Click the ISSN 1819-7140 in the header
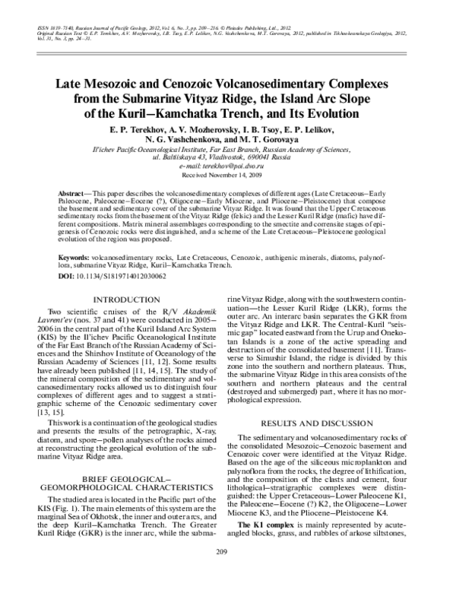coord(55,27)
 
